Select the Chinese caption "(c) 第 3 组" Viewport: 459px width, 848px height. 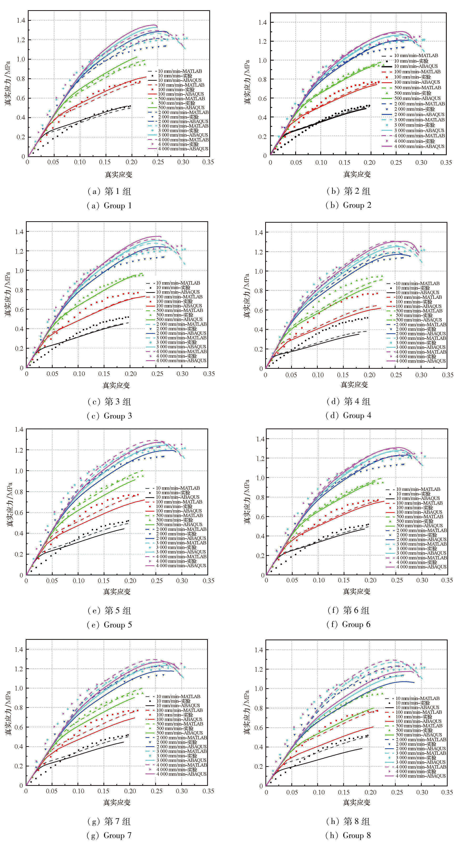[109, 402]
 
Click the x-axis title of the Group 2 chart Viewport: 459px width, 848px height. [357, 174]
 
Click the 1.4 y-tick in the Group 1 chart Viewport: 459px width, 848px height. [21, 20]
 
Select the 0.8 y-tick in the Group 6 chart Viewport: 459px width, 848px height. [260, 497]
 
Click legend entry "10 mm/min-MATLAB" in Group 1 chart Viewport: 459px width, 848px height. [180, 71]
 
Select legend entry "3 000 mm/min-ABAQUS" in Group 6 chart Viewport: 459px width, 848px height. [421, 553]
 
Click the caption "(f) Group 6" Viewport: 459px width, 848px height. [348, 625]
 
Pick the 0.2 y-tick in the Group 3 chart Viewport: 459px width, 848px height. [20, 348]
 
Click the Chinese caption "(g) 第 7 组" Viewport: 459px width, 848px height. [109, 821]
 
